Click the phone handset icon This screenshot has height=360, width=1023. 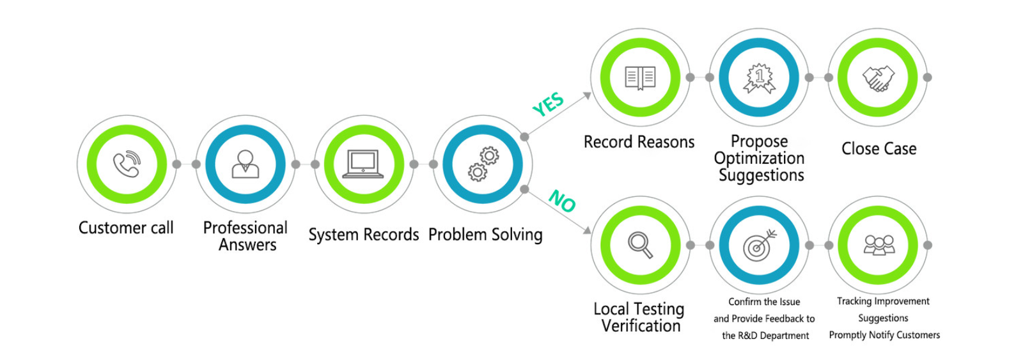click(127, 164)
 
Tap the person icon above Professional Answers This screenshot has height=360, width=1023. click(246, 164)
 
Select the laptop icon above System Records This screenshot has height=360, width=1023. click(363, 164)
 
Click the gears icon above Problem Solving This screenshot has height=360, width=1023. click(483, 164)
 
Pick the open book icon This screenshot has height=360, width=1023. click(640, 77)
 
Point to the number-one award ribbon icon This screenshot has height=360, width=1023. click(759, 78)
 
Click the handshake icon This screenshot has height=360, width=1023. click(878, 78)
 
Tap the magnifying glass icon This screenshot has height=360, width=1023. click(640, 244)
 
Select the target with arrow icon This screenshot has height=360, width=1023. click(759, 245)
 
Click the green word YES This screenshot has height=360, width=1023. click(548, 104)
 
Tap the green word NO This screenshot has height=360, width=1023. click(563, 201)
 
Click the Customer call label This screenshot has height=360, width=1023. click(126, 228)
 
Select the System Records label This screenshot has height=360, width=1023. click(363, 235)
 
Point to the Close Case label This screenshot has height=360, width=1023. click(879, 149)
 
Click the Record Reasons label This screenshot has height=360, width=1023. click(639, 142)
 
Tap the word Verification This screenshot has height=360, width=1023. click(641, 326)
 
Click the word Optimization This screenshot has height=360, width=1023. click(759, 158)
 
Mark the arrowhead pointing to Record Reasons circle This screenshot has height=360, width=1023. click(587, 96)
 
